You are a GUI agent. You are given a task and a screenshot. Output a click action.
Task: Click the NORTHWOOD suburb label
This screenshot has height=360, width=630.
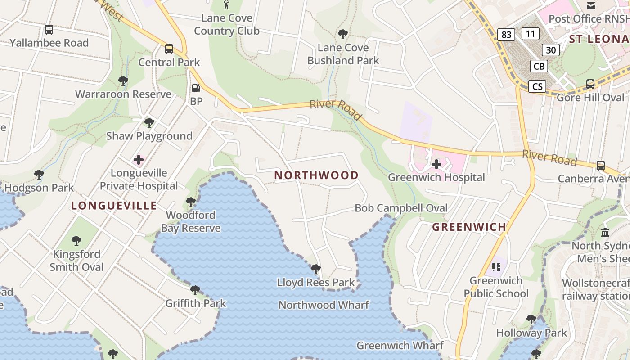pyautogui.click(x=316, y=175)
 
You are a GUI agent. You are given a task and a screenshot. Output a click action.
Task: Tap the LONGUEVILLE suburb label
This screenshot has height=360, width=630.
pyautogui.click(x=114, y=206)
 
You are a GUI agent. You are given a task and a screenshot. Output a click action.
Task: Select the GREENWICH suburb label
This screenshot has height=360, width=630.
pyautogui.click(x=469, y=227)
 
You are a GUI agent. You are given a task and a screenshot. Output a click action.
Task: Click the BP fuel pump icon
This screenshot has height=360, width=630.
pyautogui.click(x=196, y=88)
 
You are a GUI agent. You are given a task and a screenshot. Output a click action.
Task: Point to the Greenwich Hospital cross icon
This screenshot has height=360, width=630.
pyautogui.click(x=436, y=164)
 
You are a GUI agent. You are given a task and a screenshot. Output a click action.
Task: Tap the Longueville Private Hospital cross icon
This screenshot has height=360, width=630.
pyautogui.click(x=139, y=160)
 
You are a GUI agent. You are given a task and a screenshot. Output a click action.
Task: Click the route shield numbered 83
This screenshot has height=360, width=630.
pyautogui.click(x=506, y=35)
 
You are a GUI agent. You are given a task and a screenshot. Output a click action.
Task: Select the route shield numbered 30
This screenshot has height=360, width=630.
pyautogui.click(x=551, y=49)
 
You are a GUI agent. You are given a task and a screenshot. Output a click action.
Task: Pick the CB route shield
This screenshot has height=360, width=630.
pyautogui.click(x=539, y=67)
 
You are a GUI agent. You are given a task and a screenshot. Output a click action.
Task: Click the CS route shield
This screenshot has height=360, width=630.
pyautogui.click(x=537, y=86)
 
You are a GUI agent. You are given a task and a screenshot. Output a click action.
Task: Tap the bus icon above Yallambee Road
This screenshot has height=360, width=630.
pyautogui.click(x=49, y=30)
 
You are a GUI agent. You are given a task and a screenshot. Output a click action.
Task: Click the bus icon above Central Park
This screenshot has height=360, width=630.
pyautogui.click(x=169, y=49)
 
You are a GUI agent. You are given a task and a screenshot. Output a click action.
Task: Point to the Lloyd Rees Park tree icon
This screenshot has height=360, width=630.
pyautogui.click(x=316, y=270)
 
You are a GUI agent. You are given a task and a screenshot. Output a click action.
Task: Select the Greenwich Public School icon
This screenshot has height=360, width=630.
pyautogui.click(x=496, y=267)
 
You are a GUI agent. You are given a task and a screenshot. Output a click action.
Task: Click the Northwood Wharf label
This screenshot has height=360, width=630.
pyautogui.click(x=324, y=305)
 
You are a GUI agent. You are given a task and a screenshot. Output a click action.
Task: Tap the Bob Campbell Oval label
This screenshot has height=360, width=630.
pyautogui.click(x=401, y=208)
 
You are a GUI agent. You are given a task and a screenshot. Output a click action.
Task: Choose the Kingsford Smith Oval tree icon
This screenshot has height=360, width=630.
pyautogui.click(x=76, y=241)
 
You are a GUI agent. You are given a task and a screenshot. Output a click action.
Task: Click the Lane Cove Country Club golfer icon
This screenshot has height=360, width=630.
pyautogui.click(x=226, y=5)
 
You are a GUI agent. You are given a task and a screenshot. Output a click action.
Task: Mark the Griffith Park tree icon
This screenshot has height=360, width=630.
pyautogui.click(x=195, y=290)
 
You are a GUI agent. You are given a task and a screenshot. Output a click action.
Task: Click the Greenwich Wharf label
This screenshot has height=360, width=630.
pyautogui.click(x=400, y=346)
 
